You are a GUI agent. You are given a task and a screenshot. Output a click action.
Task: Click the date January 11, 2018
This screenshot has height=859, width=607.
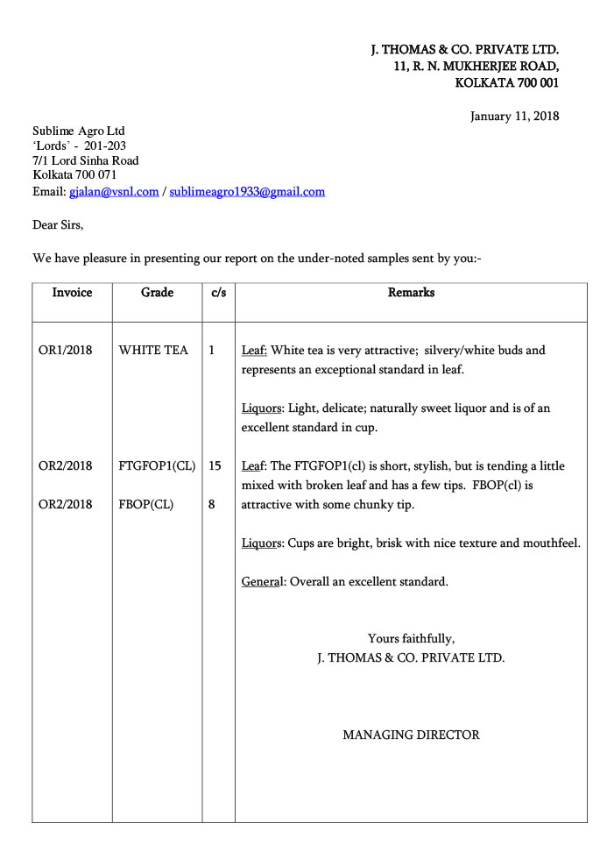(514, 116)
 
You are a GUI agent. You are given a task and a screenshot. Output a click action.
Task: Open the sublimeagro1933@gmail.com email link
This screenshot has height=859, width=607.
(247, 191)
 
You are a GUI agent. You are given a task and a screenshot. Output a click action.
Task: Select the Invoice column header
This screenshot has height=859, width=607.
(72, 293)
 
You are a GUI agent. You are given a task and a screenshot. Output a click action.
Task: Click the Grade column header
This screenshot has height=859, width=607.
(157, 293)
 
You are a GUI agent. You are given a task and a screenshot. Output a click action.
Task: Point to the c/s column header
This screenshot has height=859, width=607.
(218, 293)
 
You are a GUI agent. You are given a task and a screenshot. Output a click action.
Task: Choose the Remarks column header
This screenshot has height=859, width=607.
(411, 293)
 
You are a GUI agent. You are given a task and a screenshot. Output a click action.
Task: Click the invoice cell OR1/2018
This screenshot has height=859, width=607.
(65, 351)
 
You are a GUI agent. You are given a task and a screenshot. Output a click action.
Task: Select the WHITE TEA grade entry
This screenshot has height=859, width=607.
(153, 351)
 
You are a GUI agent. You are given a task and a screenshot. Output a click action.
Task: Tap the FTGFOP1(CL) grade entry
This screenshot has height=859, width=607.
(157, 466)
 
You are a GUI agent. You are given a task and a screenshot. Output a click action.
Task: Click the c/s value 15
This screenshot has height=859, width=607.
(215, 466)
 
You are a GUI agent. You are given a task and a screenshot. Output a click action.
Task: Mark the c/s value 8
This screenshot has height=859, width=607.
(212, 505)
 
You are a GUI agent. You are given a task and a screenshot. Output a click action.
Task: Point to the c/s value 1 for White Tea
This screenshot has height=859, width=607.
(212, 351)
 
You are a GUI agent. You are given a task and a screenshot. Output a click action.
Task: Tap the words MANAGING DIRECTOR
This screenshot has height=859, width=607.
(411, 735)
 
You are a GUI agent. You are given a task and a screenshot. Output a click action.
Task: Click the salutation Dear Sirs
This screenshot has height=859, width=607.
(58, 225)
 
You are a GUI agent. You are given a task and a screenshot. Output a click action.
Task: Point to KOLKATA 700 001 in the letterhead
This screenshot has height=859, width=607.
(506, 83)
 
